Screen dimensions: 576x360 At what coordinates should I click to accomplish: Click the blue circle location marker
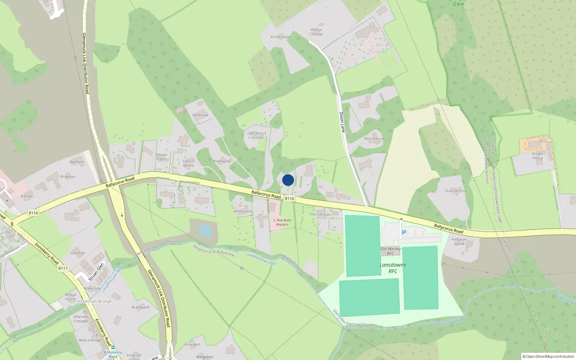pyautogui.click(x=288, y=180)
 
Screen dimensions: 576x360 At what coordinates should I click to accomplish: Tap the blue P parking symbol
pyautogui.click(x=404, y=233)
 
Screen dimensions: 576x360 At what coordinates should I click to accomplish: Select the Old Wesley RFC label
pyautogui.click(x=390, y=251)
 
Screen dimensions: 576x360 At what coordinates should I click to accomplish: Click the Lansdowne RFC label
pyautogui.click(x=393, y=268)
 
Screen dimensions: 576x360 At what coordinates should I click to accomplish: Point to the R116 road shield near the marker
pyautogui.click(x=289, y=199)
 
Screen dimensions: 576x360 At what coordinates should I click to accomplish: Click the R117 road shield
pyautogui.click(x=63, y=268)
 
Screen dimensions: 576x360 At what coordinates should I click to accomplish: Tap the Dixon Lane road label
pyautogui.click(x=342, y=122)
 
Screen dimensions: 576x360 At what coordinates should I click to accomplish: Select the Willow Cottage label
pyautogui.click(x=316, y=32)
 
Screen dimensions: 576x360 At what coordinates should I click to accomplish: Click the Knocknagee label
pyautogui.click(x=281, y=37)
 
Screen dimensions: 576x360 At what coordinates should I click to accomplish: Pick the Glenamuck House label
pyautogui.click(x=257, y=135)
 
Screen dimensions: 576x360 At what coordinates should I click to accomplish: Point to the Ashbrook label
pyautogui.click(x=200, y=115)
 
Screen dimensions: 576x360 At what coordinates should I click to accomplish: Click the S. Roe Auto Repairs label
pyautogui.click(x=282, y=222)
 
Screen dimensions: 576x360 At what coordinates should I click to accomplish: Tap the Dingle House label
pyautogui.click(x=537, y=156)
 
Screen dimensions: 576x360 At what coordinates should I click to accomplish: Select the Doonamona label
pyautogui.click(x=455, y=191)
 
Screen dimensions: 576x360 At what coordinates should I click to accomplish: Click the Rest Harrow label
pyautogui.click(x=374, y=139)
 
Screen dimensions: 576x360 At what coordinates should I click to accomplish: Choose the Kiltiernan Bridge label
pyautogui.click(x=95, y=301)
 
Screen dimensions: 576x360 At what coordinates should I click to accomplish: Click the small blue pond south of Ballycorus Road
pyautogui.click(x=205, y=231)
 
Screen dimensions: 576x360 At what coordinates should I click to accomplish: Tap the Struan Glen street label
pyautogui.click(x=96, y=272)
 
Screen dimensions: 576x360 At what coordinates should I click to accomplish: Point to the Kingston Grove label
pyautogui.click(x=459, y=241)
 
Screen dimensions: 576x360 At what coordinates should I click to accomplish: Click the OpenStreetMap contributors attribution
pyautogui.click(x=548, y=356)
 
